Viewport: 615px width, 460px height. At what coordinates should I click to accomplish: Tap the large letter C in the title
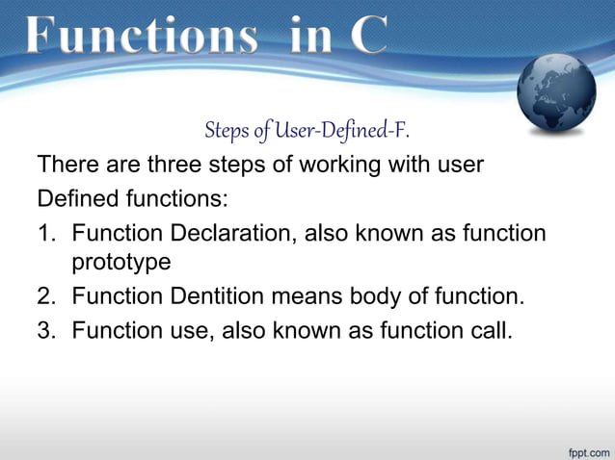tap(368, 36)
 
